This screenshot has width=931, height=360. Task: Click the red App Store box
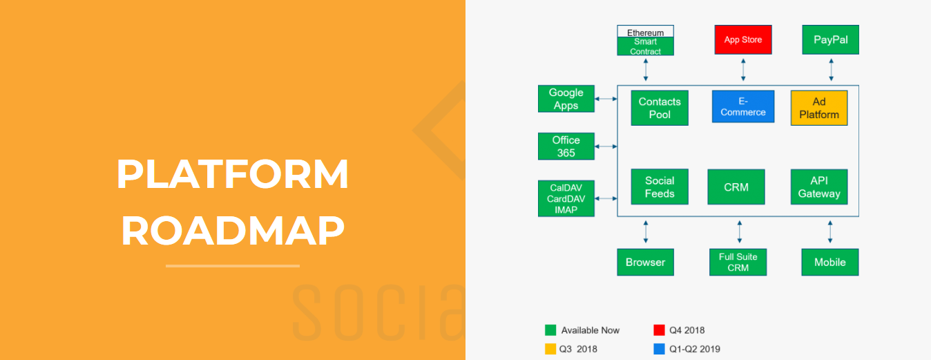click(743, 39)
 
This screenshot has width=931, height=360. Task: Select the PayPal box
click(830, 39)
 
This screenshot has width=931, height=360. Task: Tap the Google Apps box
click(566, 99)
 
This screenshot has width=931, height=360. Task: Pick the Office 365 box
click(566, 146)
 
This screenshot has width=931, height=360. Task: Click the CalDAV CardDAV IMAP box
click(566, 198)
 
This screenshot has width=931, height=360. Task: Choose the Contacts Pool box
click(660, 108)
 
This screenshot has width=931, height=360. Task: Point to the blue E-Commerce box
click(743, 106)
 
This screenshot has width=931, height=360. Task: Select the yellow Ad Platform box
click(819, 108)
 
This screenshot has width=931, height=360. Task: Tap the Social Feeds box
click(660, 187)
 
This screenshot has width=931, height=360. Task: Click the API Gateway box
click(819, 187)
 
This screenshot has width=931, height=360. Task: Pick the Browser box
click(646, 263)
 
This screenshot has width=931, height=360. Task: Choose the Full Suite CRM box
click(738, 263)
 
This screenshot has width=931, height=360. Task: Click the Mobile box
click(830, 263)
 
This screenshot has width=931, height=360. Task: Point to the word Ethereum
click(646, 32)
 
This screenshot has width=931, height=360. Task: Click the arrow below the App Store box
click(743, 70)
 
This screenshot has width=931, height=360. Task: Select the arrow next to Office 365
click(606, 146)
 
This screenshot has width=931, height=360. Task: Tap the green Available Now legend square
click(550, 330)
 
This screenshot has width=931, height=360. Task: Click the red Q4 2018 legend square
click(659, 330)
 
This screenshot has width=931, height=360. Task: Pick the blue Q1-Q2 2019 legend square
click(659, 349)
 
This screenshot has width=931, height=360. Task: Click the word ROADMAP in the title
click(233, 231)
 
